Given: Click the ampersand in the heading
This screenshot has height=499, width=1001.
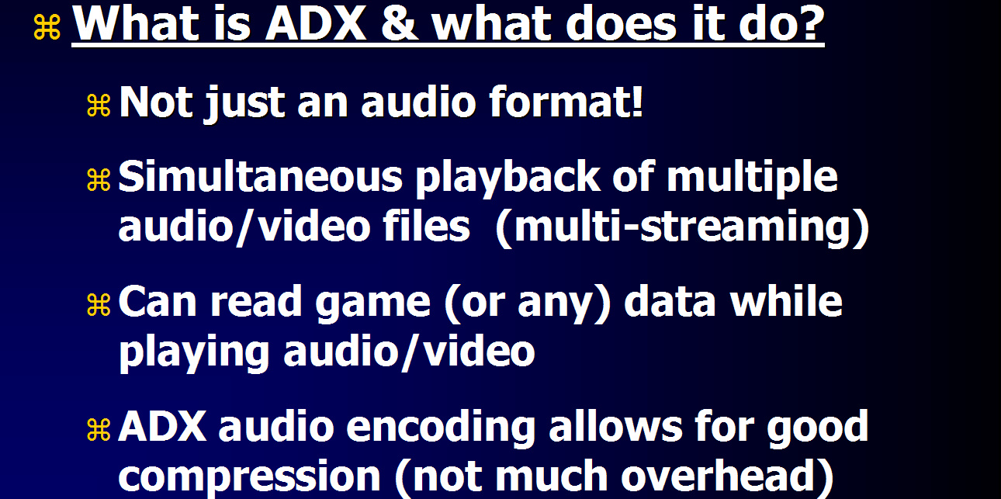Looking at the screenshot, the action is coord(400,24).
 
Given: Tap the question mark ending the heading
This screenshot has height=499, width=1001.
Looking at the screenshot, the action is coord(810,23).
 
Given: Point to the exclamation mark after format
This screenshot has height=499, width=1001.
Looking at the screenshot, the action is coord(637,102).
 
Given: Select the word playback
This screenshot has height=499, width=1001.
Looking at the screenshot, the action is coord(508,179).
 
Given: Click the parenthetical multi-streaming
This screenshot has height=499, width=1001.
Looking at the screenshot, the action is coord(682,227).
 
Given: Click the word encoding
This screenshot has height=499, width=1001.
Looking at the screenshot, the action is coord(441,429).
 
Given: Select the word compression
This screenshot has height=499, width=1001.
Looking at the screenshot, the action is coord(250,477).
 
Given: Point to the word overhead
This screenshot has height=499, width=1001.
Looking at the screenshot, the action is coord(719,474).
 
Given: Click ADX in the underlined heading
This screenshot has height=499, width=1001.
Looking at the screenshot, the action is coord(316,24).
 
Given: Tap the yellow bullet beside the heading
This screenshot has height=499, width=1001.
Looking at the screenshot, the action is coord(47,27).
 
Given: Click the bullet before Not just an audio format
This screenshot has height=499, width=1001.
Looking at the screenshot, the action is coord(99,106).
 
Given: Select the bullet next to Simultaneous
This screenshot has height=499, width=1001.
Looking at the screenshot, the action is coord(99,179).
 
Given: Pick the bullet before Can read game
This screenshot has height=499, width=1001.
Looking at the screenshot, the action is coord(99,305).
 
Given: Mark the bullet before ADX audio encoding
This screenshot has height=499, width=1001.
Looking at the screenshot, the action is coord(99,429).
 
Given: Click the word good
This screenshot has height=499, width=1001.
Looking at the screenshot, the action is coord(817,429).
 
